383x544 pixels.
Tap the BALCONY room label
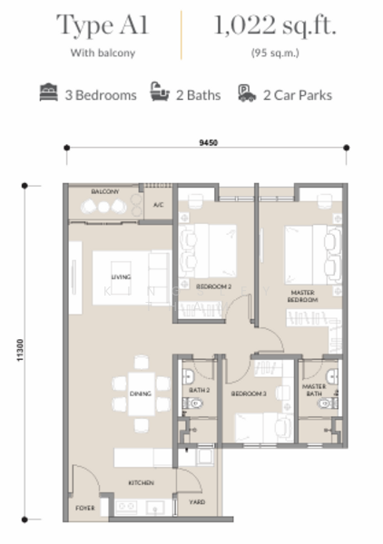click(104, 192)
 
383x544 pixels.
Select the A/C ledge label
click(157, 205)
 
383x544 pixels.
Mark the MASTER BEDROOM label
click(302, 296)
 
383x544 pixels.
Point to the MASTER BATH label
click(314, 391)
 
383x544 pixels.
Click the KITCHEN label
click(140, 483)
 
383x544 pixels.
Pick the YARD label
click(197, 502)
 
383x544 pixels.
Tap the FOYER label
click(84, 509)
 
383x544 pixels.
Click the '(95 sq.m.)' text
click(276, 53)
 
